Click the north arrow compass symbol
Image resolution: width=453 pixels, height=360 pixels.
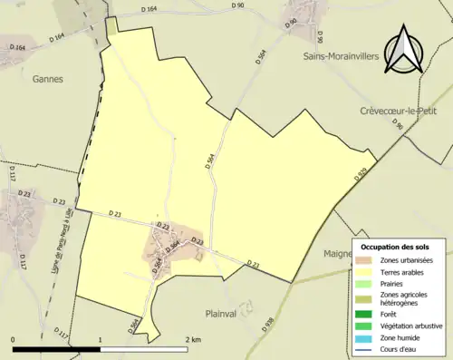click(404, 50)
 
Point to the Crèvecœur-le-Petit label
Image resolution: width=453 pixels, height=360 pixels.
click(402, 111)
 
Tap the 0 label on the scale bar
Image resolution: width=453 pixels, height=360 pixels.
click(14, 339)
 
